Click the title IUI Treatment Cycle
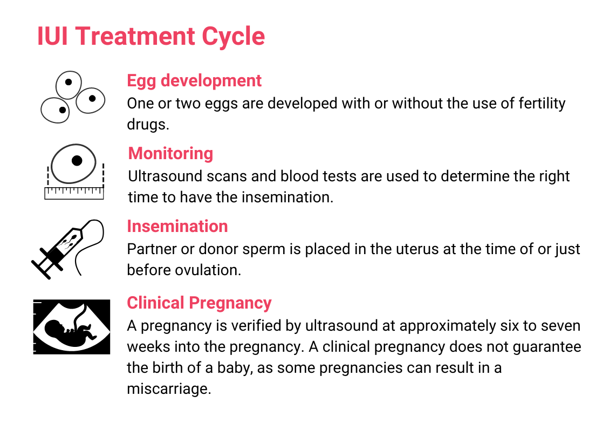pos(151,36)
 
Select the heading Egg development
pos(194,81)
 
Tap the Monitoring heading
pos(170,154)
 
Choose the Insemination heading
pos(177,226)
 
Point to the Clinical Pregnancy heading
pos(199,303)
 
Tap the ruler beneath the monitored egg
pos(74,192)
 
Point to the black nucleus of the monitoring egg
pos(77,160)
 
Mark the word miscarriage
pos(169,389)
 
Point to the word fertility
pos(542,103)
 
